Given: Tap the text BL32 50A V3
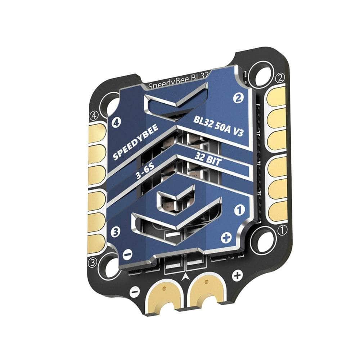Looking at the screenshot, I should (x=218, y=126).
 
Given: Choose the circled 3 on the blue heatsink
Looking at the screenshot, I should (x=116, y=232).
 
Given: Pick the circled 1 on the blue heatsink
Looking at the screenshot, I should (x=238, y=209).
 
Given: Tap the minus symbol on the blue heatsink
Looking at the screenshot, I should (x=127, y=254).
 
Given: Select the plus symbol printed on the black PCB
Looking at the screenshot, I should (x=237, y=276).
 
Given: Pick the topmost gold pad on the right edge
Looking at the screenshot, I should (x=276, y=96).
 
